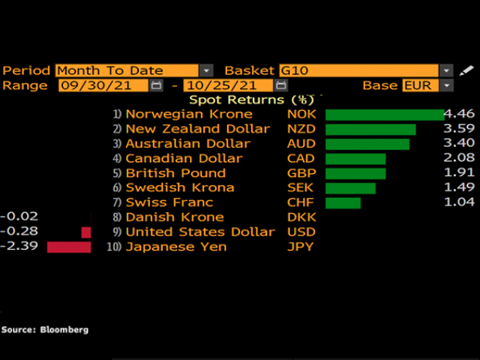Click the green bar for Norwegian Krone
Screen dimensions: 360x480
384,114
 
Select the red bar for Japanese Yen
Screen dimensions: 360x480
68,247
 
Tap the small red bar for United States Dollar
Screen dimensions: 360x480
86,232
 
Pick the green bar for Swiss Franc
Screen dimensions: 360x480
343,202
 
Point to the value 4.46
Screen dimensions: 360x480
459,114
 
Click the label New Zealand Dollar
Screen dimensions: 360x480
197,129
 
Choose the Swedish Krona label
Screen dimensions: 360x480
179,187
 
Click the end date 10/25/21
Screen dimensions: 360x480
226,85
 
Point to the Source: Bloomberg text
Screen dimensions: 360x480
45,329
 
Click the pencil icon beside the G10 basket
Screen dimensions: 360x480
466,70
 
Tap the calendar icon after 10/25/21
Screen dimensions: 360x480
280,85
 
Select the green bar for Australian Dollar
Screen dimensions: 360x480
367,143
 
